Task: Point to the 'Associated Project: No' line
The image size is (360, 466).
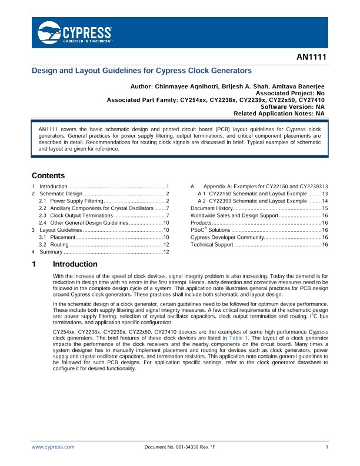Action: (x=290, y=93)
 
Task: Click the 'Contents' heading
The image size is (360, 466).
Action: (x=48, y=175)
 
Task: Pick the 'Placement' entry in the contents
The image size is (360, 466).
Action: (x=62, y=237)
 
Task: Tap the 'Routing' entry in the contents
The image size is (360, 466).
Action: (x=60, y=244)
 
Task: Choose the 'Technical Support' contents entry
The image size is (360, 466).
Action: (x=212, y=244)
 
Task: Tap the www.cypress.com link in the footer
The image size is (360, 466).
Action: (x=53, y=447)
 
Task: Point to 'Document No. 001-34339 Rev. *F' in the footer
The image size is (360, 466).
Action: (x=179, y=447)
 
